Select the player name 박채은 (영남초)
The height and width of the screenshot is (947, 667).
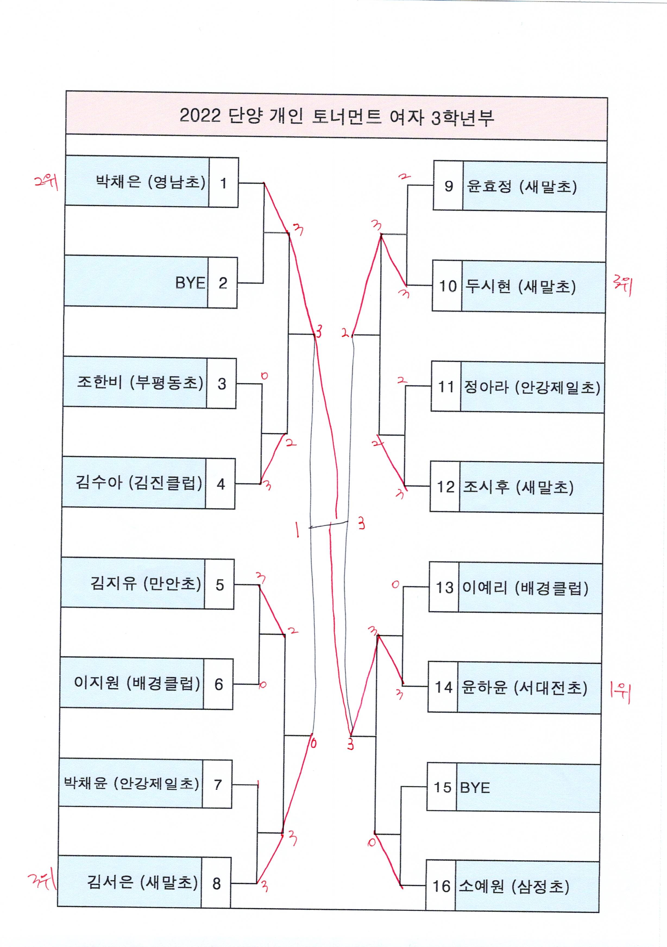tap(150, 182)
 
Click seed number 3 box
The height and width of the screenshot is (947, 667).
tap(222, 384)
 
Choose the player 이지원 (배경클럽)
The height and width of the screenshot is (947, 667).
tap(137, 683)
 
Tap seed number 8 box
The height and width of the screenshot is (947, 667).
tap(216, 883)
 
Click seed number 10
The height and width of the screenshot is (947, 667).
tap(447, 286)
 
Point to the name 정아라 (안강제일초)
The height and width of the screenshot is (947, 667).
tap(532, 387)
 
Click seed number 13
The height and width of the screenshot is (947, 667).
tap(444, 587)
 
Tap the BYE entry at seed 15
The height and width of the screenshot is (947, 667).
tap(475, 788)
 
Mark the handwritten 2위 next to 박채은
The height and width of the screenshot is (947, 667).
tap(46, 182)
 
